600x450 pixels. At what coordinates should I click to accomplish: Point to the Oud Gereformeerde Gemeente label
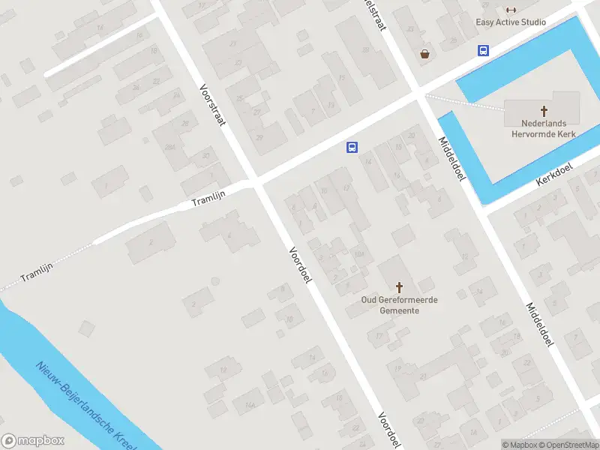click(399, 305)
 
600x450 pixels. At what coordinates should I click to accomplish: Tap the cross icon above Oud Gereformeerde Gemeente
click(399, 287)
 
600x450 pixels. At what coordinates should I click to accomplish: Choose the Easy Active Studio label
click(511, 22)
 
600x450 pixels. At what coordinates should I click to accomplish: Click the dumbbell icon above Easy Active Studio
click(511, 10)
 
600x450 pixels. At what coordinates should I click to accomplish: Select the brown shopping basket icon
click(425, 53)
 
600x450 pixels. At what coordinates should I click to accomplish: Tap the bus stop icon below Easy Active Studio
click(484, 50)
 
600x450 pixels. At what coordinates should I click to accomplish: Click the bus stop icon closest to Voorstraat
click(351, 148)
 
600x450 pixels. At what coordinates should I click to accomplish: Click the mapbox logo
click(33, 441)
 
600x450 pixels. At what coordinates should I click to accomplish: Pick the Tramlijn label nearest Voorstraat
click(208, 197)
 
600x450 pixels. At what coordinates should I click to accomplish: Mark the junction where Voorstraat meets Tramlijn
click(253, 182)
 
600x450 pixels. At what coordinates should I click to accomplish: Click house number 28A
click(172, 146)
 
